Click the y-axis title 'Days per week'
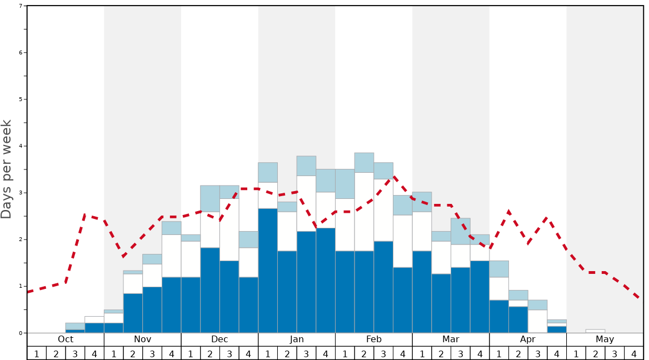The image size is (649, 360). pos(7,169)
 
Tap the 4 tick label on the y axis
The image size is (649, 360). pos(21,146)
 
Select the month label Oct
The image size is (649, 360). pos(66,339)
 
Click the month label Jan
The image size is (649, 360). pos(297,339)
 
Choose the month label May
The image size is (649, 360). pos(605,339)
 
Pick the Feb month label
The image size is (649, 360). pos(374,339)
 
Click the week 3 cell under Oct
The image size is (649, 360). pos(75,353)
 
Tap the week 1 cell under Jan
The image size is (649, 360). pos(268,353)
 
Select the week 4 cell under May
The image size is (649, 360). pos(634,353)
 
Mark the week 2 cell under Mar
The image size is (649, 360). pos(441,353)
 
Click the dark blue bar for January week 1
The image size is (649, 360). pos(268,271)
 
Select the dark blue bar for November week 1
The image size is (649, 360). pos(113,328)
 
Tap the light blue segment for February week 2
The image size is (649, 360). pos(364,162)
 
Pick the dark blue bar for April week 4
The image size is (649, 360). pos(557,329)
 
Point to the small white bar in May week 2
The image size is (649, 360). pos(595,331)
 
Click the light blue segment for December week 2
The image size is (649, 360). pos(210,198)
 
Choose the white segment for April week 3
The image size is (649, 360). pos(537,321)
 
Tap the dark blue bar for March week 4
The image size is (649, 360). pos(480,297)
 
